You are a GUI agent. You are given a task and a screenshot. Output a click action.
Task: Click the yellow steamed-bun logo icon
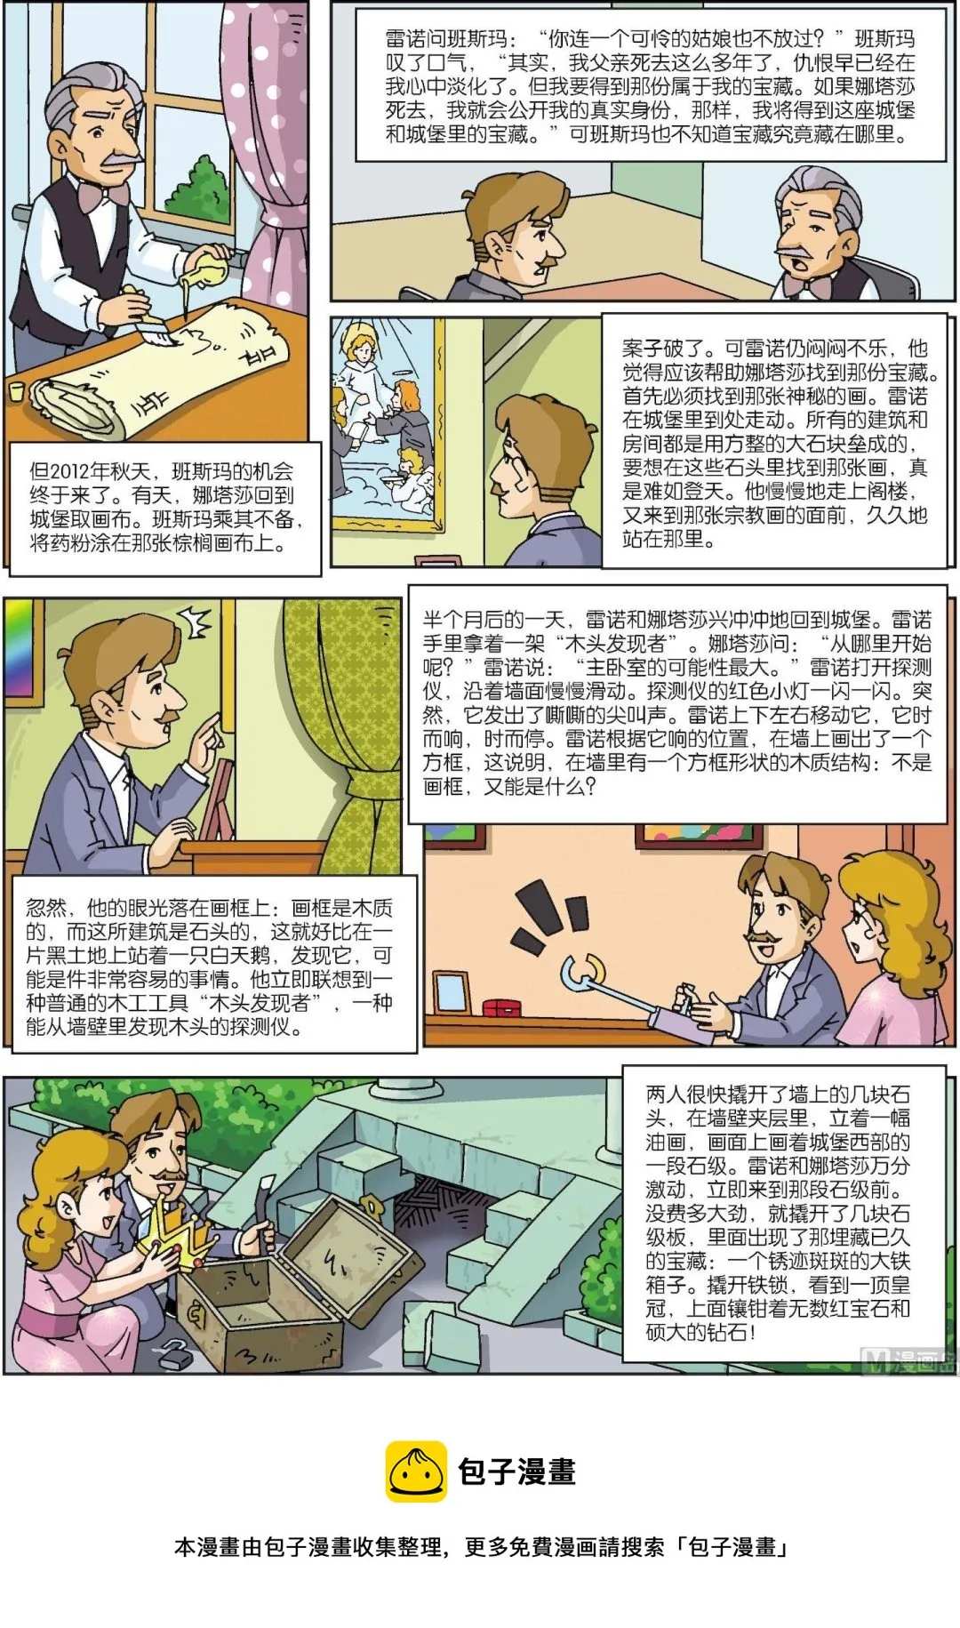coord(415,1471)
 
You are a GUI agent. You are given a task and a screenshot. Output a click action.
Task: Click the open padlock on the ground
coord(175,1356)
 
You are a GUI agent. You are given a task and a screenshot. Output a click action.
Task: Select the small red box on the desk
coord(501,1007)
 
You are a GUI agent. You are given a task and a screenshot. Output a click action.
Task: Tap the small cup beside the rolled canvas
coord(15,391)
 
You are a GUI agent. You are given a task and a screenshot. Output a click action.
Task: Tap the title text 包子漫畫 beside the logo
coord(516,1472)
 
